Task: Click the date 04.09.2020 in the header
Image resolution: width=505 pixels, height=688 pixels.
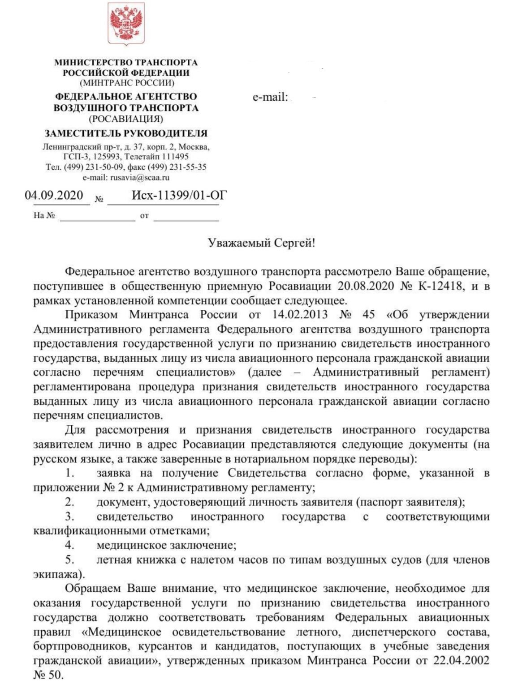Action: click(x=54, y=196)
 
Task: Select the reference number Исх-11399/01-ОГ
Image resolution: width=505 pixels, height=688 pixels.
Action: click(x=179, y=196)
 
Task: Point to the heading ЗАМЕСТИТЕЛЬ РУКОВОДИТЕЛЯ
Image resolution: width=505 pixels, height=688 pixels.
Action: click(x=126, y=133)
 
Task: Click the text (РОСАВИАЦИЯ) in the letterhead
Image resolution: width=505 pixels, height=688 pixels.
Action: click(x=126, y=119)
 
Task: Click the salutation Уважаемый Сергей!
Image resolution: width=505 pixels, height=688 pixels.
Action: click(x=262, y=243)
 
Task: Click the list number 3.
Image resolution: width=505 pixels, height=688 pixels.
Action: click(x=69, y=517)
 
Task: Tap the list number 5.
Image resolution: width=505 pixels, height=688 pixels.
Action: click(x=69, y=560)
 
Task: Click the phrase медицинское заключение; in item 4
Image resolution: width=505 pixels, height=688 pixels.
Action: click(x=166, y=546)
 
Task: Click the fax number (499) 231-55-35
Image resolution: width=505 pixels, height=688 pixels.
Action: click(x=177, y=167)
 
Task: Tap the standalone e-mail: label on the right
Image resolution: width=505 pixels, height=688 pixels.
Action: click(x=270, y=97)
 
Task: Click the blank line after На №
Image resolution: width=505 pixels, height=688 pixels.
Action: click(x=97, y=216)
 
